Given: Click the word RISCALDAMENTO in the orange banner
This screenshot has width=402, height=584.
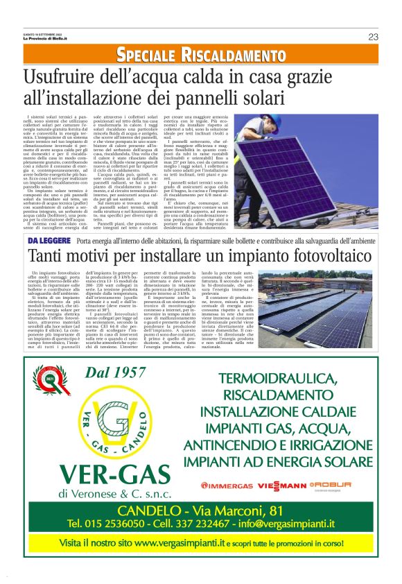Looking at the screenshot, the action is (x=232, y=55).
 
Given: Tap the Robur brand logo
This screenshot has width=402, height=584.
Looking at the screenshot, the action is (x=331, y=484).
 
